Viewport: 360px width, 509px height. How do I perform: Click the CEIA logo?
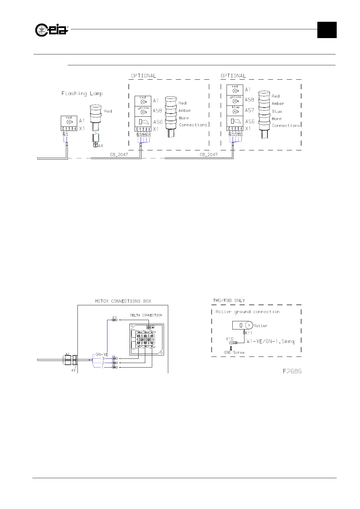coord(51,30)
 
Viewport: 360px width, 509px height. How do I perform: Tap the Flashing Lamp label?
coord(82,94)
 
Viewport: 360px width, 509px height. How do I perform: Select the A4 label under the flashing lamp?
coord(100,146)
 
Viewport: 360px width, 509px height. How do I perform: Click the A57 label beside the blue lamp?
coord(250,110)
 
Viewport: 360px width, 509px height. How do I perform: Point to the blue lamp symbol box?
coord(235,110)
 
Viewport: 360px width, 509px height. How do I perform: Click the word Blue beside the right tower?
coord(277,111)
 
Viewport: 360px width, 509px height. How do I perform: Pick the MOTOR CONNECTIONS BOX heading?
coord(123,301)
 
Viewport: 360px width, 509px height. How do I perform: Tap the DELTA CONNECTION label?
coord(146,315)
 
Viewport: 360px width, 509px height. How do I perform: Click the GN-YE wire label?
coord(102,354)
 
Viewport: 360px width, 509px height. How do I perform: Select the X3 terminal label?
coord(114,317)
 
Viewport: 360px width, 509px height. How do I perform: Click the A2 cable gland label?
coord(67,354)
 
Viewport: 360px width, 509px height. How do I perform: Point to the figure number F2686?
coord(292,371)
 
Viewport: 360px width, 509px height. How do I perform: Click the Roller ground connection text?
coord(247,312)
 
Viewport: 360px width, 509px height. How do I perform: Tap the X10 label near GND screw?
coord(230,339)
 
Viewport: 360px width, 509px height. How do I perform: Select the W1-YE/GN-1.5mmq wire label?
coord(270,342)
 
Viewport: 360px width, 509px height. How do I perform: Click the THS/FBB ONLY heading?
coord(229,300)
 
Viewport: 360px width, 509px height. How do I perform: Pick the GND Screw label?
coord(234,352)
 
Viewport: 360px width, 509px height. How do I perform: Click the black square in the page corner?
coord(327,30)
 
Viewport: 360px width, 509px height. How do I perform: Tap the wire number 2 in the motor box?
coord(103,363)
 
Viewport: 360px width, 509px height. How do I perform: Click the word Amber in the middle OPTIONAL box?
coord(185,111)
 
